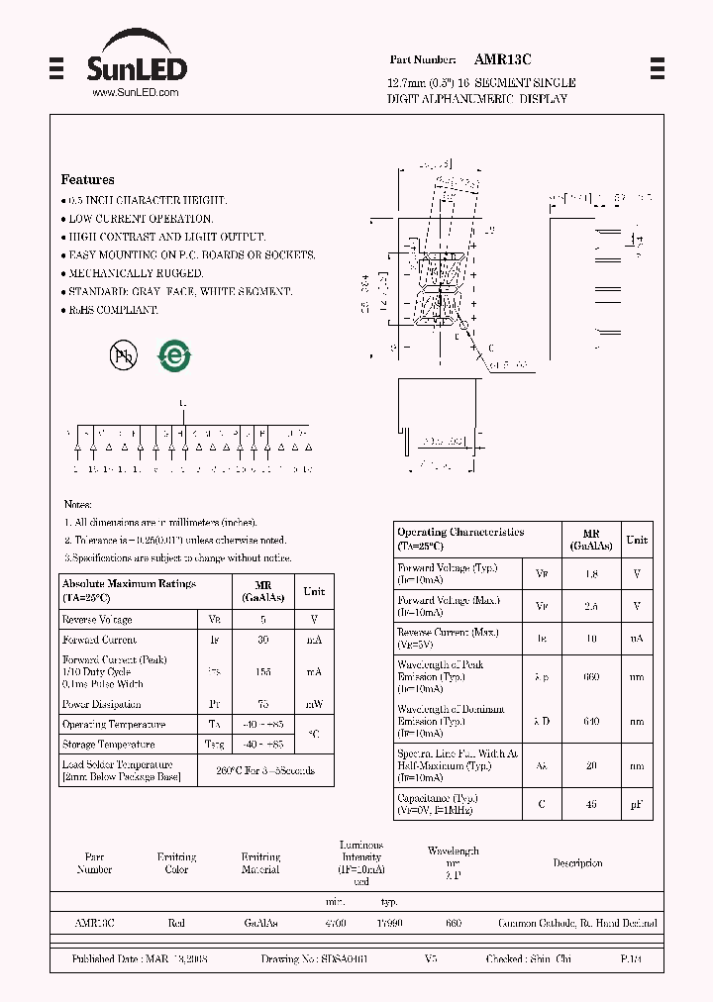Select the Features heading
(87, 180)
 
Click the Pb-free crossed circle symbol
(124, 355)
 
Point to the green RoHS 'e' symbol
(176, 355)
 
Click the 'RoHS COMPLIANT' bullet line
(112, 310)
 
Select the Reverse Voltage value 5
(262, 620)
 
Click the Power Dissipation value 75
(262, 705)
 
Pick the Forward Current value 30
(262, 641)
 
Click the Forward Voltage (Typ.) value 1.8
(592, 574)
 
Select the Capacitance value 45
(592, 804)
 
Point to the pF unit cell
(637, 804)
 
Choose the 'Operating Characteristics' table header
(460, 533)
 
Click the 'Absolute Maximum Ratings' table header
(129, 584)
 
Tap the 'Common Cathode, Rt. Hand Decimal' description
(577, 924)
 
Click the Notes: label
(77, 505)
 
